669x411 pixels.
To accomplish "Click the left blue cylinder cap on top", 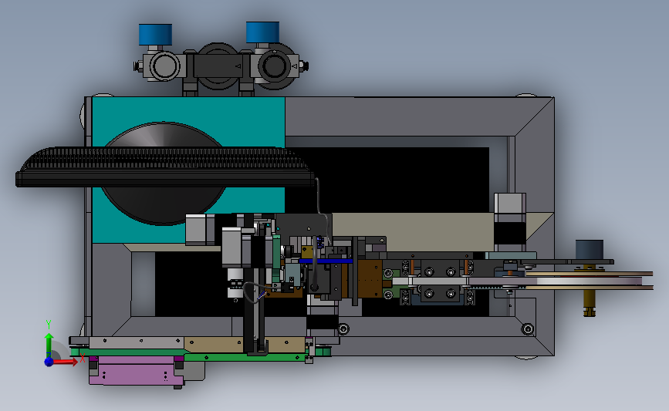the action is pyautogui.click(x=155, y=35).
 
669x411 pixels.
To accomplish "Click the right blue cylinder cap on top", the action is pyautogui.click(x=263, y=32).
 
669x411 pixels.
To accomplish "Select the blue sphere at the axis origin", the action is pyautogui.click(x=49, y=362).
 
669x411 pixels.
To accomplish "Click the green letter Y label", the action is pyautogui.click(x=49, y=325).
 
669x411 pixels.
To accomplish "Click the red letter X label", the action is pyautogui.click(x=83, y=358).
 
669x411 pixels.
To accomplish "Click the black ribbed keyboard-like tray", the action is pyautogui.click(x=164, y=167).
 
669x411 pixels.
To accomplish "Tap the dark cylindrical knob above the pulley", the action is pyautogui.click(x=590, y=249).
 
